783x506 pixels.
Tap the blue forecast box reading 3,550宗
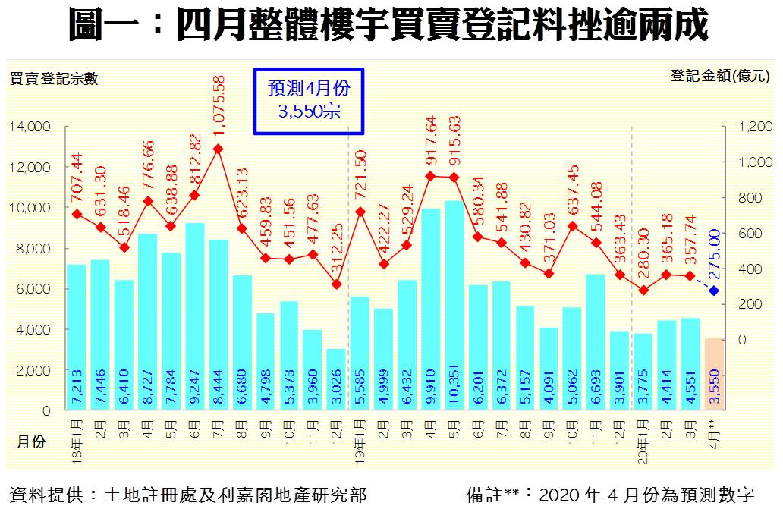(x=309, y=100)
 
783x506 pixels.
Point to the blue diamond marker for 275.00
(x=714, y=291)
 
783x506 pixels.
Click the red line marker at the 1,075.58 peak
(x=218, y=149)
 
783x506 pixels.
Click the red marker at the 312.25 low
(x=336, y=284)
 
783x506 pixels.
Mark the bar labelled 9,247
(x=194, y=316)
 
